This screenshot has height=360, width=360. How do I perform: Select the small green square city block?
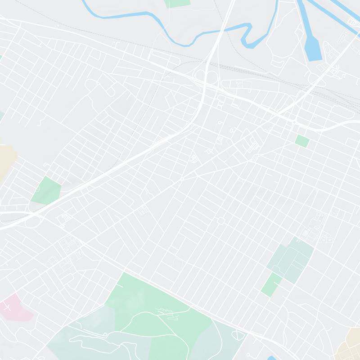pyautogui.click(x=302, y=141)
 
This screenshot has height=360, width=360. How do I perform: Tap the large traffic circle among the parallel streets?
pyautogui.click(x=220, y=221)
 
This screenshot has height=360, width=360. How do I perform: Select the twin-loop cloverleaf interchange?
pyautogui.click(x=207, y=76)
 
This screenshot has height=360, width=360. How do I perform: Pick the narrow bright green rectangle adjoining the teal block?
pyautogui.click(x=271, y=284)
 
